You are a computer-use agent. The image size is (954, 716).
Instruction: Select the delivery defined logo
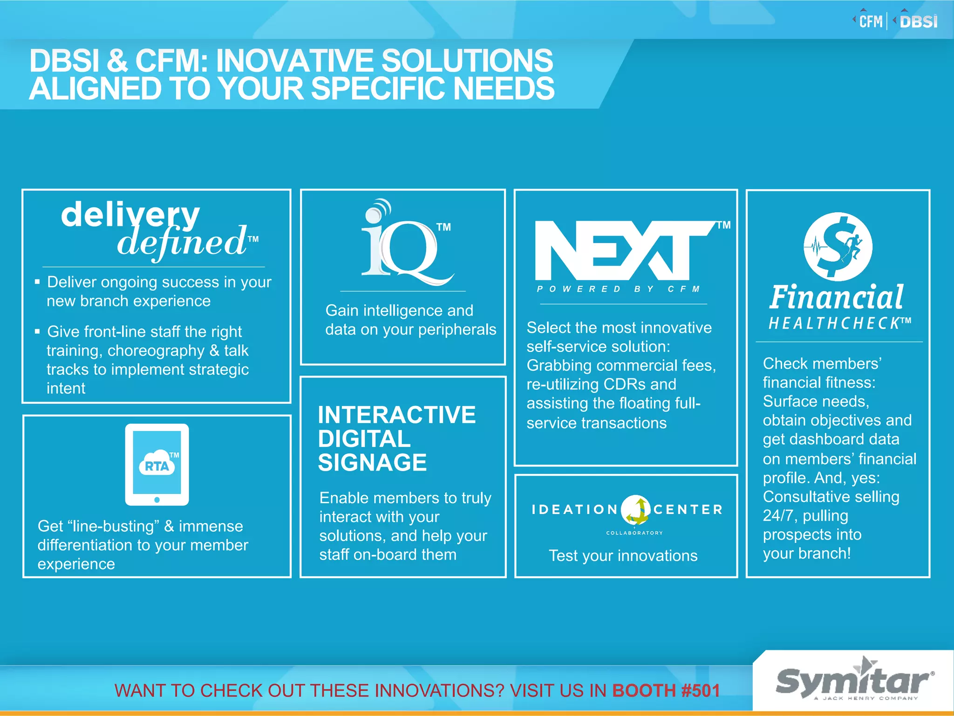158,229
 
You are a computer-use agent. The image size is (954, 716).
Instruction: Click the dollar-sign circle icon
838,246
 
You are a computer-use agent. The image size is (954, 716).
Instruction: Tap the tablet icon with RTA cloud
157,464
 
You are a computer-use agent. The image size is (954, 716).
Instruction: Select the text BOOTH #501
666,690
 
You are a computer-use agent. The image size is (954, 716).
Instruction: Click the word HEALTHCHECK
834,323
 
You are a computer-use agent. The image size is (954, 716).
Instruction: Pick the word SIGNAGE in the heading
372,463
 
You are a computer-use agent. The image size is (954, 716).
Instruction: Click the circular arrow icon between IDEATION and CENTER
636,509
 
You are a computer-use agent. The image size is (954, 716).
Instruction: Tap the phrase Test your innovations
623,555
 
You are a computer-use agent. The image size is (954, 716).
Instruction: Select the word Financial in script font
836,297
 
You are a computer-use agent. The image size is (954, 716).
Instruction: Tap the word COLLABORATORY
634,533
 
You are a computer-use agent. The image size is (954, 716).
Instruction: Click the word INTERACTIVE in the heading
396,415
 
